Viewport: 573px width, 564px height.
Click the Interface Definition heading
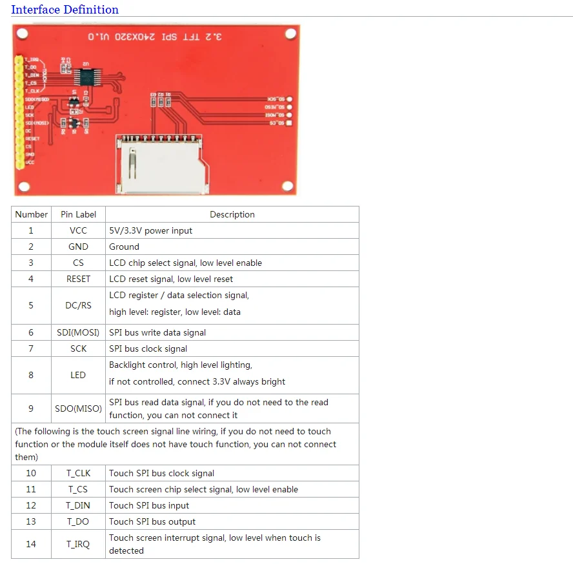(65, 10)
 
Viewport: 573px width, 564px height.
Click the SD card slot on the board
(158, 164)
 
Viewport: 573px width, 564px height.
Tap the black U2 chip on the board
(85, 76)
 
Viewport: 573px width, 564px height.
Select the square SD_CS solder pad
(288, 123)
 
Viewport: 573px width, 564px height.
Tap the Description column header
(232, 214)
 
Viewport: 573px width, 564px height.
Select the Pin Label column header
(78, 214)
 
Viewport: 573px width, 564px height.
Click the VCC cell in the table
(78, 230)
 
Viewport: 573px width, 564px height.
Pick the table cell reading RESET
(78, 279)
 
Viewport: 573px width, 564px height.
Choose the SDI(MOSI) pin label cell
(78, 332)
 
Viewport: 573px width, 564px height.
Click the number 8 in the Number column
(31, 375)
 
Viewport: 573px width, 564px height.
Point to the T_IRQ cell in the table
(78, 544)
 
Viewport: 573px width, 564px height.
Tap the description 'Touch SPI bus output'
(152, 521)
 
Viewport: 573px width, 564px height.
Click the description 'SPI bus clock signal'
(148, 348)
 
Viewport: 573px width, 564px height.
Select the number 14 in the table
(31, 544)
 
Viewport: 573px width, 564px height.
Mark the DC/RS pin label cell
(78, 305)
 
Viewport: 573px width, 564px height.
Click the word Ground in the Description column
(124, 247)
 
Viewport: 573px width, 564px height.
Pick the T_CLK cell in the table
(78, 473)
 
